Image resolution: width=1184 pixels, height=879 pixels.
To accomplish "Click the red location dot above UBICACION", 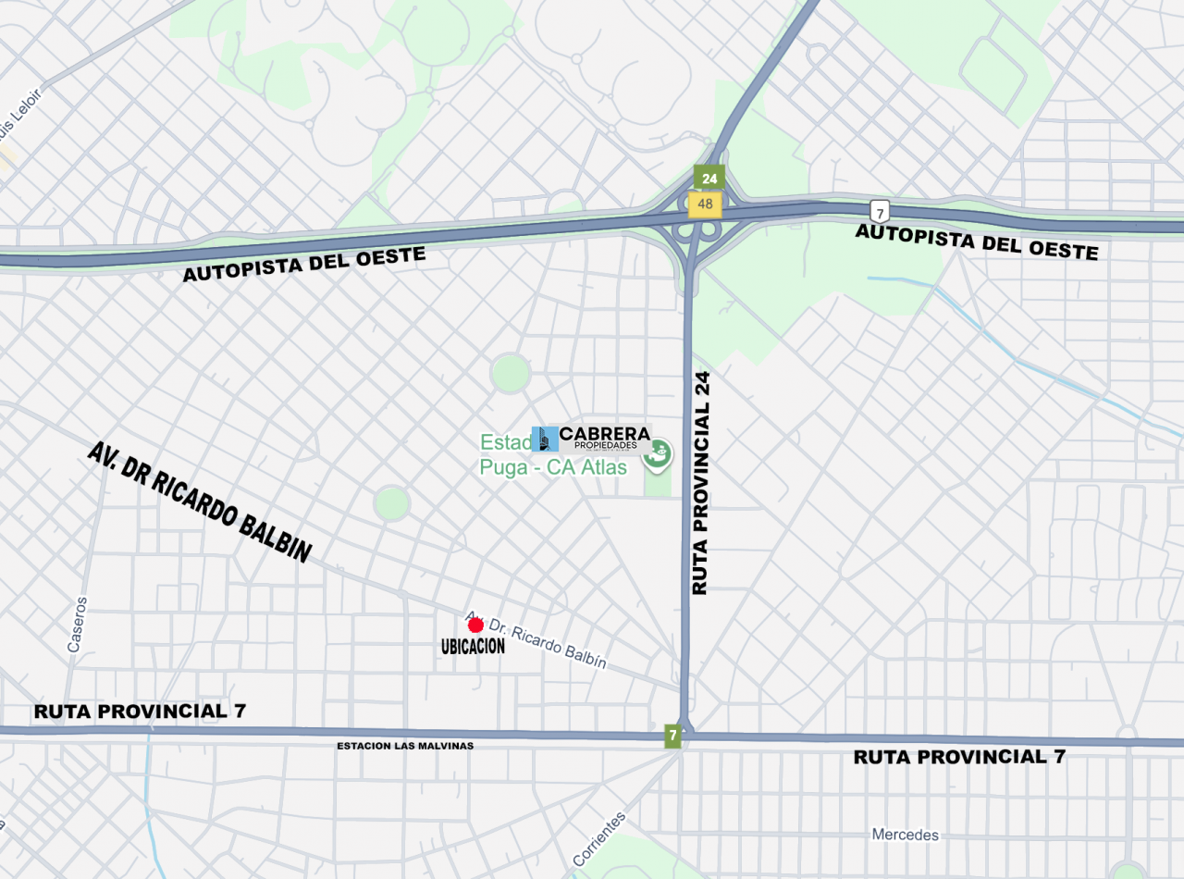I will click(475, 625).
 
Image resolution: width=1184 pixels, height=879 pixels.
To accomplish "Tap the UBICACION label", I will click(473, 647).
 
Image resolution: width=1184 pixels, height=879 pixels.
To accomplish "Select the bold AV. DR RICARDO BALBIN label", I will click(199, 502).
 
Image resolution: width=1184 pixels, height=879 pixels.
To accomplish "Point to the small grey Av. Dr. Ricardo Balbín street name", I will click(536, 640).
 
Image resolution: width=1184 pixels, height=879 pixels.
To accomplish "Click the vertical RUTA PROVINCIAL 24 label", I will click(700, 483).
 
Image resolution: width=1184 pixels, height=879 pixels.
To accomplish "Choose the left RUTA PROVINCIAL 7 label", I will click(142, 712).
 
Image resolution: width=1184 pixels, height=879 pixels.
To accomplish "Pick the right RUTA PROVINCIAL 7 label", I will click(959, 757).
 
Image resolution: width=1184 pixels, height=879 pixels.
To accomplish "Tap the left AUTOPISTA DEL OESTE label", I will click(303, 265).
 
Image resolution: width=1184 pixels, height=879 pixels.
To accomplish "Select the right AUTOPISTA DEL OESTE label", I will click(976, 241).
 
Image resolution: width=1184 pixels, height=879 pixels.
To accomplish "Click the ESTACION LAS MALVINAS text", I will click(405, 746).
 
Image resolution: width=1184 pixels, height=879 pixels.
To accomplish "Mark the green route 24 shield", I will click(709, 179).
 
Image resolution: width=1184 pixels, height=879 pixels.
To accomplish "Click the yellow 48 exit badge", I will click(706, 204).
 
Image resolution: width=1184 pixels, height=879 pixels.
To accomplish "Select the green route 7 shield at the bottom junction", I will click(672, 735).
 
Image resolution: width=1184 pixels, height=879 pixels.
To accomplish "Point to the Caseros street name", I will click(77, 625).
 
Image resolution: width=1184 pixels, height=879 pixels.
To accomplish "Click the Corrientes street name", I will click(598, 839).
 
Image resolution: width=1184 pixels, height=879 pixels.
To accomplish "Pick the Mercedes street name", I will click(905, 835).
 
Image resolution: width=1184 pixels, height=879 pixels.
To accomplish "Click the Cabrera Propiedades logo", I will click(592, 439).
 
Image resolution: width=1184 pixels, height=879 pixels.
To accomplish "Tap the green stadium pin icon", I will click(660, 453).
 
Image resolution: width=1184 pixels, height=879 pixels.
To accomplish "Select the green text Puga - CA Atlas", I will click(553, 467).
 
